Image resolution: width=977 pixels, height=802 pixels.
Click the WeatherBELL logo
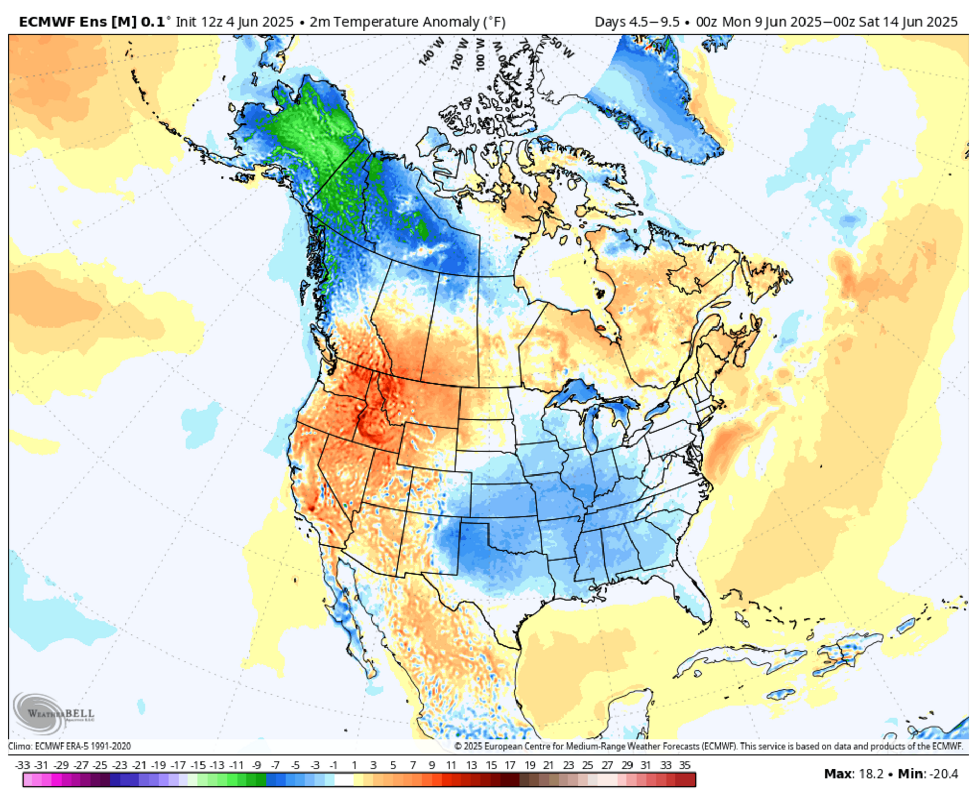[x=53, y=713]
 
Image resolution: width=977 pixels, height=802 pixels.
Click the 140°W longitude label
[x=432, y=51]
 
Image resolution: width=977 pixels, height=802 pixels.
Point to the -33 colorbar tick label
[x=22, y=765]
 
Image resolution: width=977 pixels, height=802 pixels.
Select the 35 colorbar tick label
[x=685, y=765]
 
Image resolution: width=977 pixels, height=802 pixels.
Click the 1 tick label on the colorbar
[x=354, y=765]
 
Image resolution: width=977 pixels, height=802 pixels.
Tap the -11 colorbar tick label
[x=237, y=765]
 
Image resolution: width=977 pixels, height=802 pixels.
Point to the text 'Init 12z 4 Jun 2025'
[x=234, y=22]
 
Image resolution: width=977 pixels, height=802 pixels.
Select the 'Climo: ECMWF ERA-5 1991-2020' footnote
[x=69, y=746]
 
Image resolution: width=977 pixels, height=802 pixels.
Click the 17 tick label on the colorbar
[x=510, y=765]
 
